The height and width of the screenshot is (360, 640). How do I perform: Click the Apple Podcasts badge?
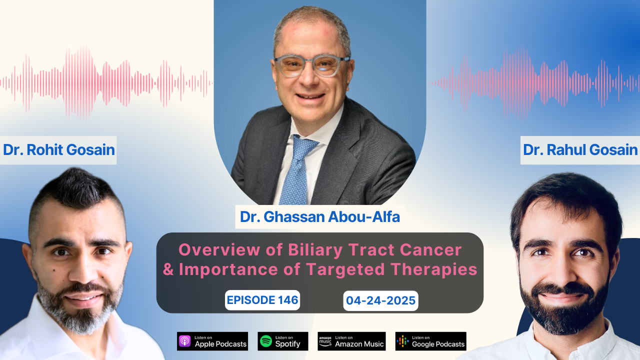(212, 341)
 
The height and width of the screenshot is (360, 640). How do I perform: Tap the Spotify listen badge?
(283, 341)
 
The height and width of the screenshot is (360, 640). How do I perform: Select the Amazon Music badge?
(351, 341)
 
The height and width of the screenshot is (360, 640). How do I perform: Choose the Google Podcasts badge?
(430, 341)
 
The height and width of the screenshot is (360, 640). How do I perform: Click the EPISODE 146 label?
(262, 300)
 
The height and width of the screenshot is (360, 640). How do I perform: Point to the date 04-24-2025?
(381, 300)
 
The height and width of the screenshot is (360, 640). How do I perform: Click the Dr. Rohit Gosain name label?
(58, 150)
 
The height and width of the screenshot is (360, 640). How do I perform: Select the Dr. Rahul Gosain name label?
(580, 150)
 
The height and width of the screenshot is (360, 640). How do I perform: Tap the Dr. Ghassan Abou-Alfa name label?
(320, 217)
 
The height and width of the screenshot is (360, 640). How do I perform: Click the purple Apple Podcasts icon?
(185, 341)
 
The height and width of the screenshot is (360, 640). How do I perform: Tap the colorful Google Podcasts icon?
(402, 341)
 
